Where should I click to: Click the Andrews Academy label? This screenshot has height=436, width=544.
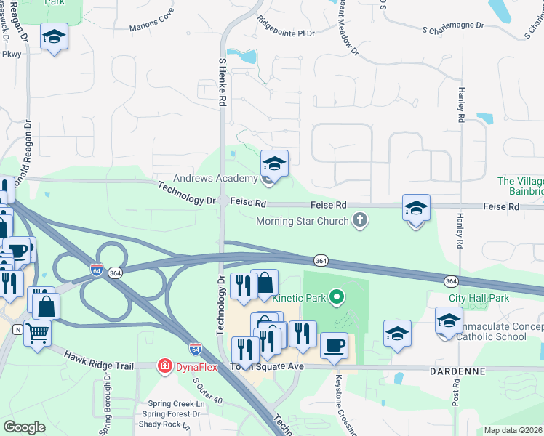[215, 178]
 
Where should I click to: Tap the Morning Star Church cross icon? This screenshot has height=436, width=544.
[359, 220]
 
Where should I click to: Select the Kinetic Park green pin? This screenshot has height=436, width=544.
[335, 296]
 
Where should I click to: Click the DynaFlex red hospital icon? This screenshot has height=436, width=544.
[165, 365]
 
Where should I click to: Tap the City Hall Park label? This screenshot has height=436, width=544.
[479, 298]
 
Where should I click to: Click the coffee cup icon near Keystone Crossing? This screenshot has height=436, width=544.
[334, 345]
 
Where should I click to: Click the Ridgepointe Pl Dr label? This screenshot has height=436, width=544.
[286, 33]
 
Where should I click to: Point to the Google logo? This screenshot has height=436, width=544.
[24, 427]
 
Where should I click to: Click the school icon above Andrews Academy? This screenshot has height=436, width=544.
[274, 163]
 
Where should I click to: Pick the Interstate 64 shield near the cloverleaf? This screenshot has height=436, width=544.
[97, 270]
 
